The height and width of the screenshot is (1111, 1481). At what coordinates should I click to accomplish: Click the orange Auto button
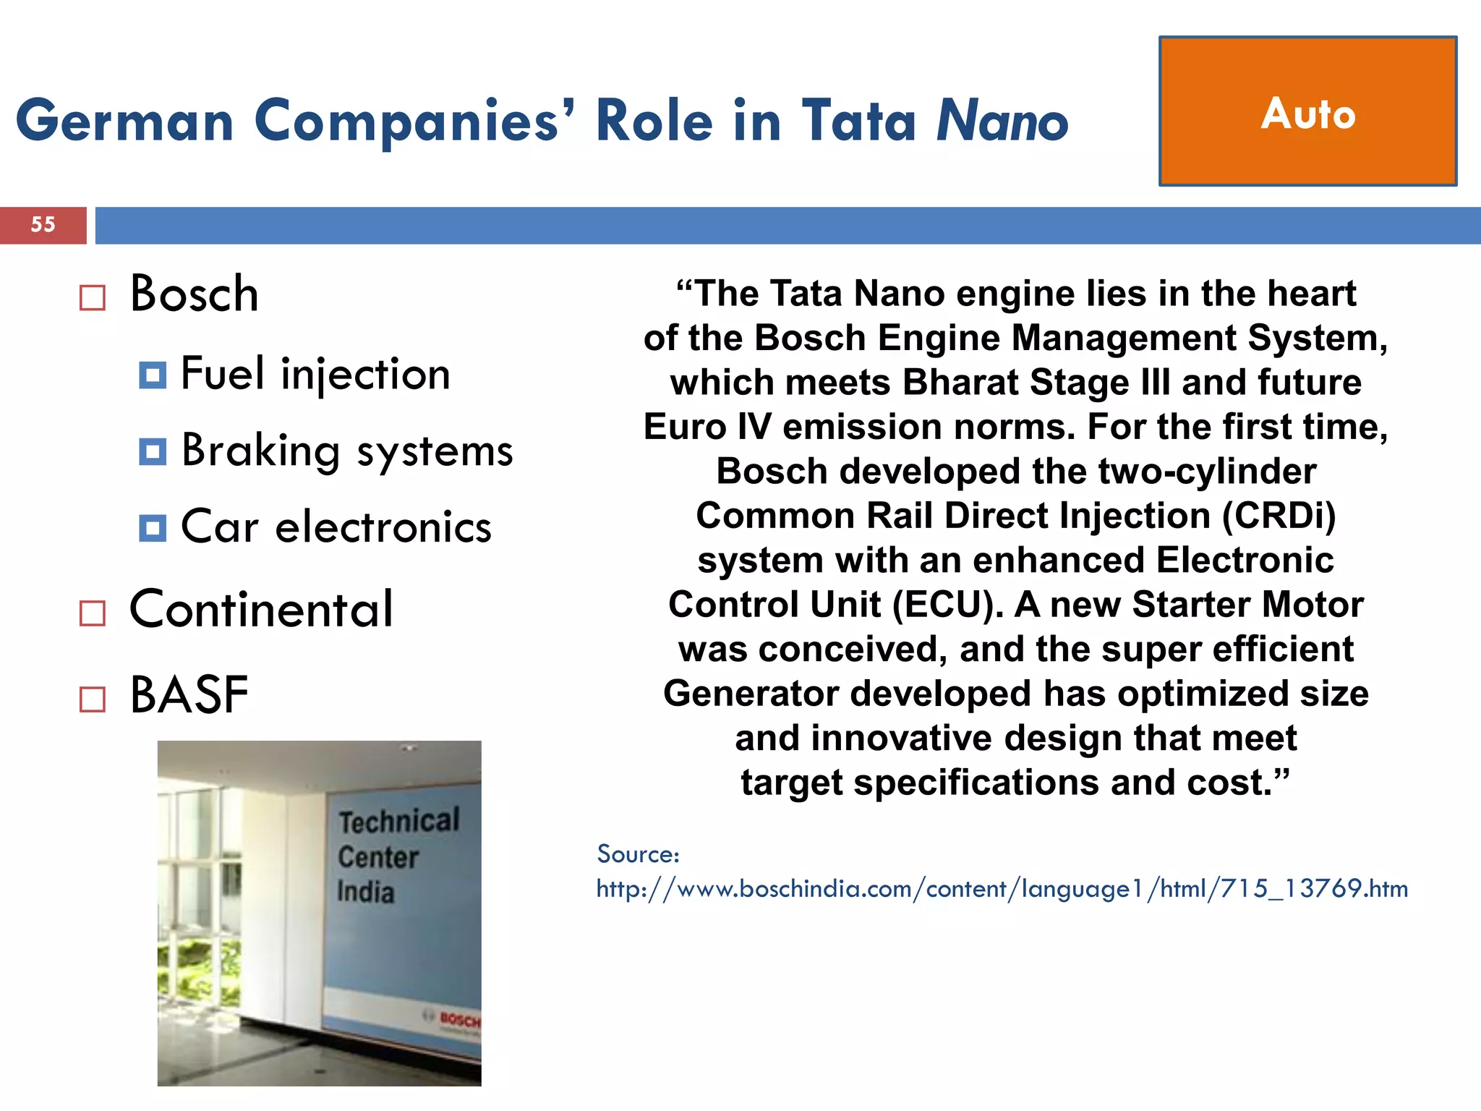point(1307,111)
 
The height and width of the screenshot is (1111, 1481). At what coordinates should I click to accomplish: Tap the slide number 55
point(43,224)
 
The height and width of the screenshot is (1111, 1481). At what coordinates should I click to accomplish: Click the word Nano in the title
point(1002,121)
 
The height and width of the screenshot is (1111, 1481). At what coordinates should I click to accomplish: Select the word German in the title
point(124,121)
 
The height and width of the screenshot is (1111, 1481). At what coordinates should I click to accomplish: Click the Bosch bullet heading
point(194,294)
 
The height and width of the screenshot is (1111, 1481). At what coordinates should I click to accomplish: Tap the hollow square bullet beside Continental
point(93,613)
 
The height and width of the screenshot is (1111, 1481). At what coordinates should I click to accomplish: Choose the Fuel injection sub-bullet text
point(315,375)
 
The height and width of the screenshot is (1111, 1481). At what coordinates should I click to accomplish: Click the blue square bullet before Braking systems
point(153,451)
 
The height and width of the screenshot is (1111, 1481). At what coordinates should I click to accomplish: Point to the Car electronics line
point(336,527)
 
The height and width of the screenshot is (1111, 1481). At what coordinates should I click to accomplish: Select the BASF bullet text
point(189,695)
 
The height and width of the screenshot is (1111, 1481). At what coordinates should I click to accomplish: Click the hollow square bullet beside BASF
point(93,699)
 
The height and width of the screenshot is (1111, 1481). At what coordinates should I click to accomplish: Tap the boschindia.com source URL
point(1002,888)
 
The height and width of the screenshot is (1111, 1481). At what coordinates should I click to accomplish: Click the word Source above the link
point(637,854)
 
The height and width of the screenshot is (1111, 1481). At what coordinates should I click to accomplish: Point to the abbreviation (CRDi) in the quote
point(1279,516)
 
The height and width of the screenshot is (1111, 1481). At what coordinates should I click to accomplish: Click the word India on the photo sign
point(366,891)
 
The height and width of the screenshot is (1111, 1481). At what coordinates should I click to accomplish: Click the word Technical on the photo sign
point(399,821)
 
